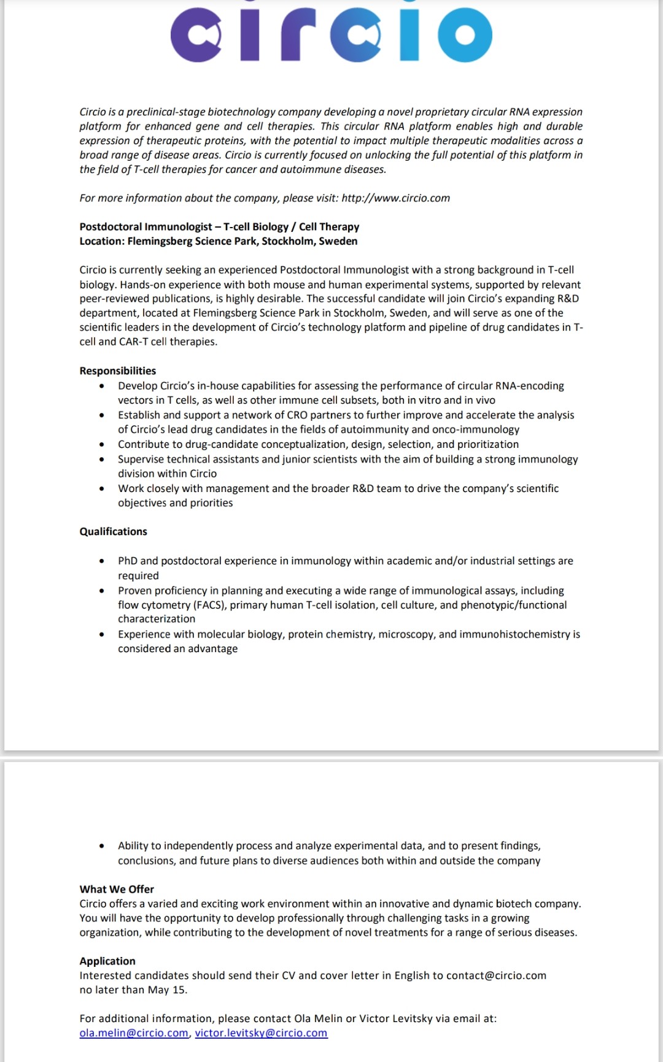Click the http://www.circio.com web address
[395, 198]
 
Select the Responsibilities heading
[118, 371]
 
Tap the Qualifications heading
[114, 531]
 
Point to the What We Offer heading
[117, 889]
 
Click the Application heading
[107, 961]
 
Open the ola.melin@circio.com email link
[134, 1033]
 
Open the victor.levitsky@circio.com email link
[261, 1033]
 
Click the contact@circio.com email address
[496, 975]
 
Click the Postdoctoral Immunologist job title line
[219, 227]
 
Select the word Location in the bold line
[101, 241]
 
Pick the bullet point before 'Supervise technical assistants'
[101, 460]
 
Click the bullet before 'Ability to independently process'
[101, 846]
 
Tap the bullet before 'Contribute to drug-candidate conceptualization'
[101, 445]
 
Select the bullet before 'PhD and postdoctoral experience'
[101, 561]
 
